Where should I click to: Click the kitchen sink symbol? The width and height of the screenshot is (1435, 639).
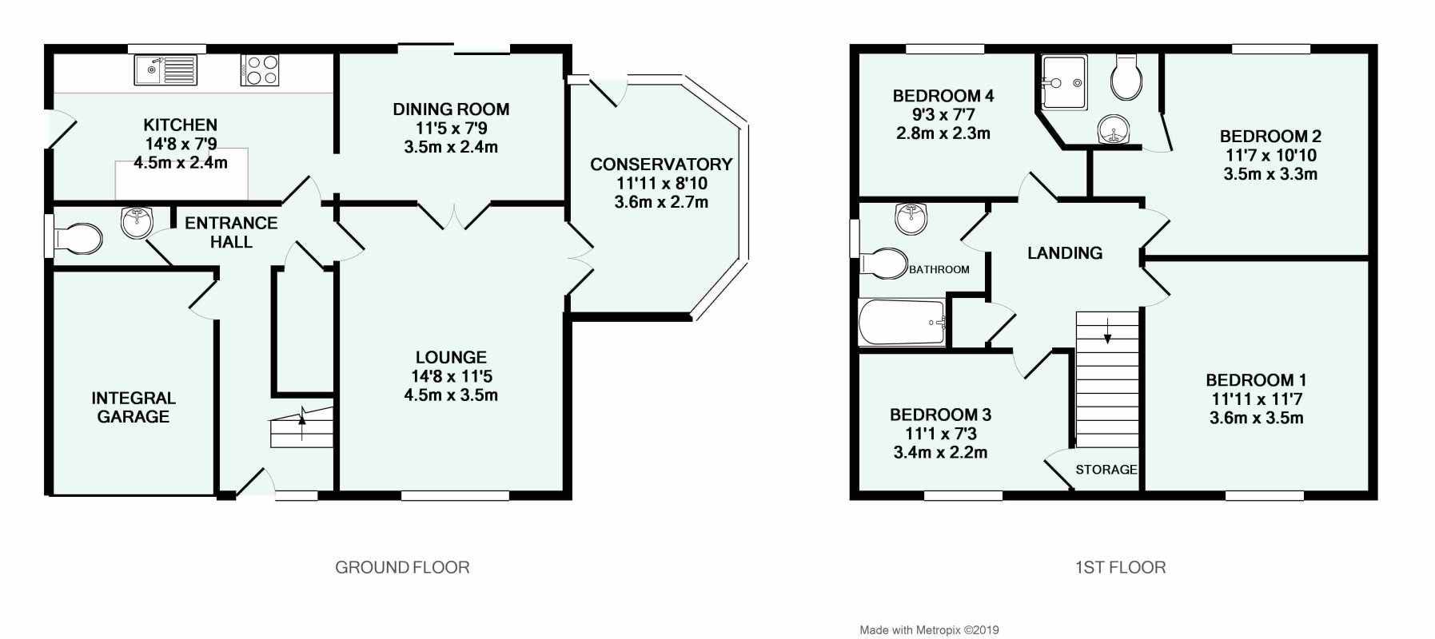click(x=165, y=69)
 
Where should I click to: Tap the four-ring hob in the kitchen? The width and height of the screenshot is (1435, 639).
click(x=259, y=69)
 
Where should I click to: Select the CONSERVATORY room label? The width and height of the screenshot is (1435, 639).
click(x=661, y=165)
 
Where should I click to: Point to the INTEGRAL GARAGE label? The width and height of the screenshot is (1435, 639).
click(x=134, y=407)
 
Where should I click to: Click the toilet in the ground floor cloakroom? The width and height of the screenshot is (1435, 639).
click(x=78, y=237)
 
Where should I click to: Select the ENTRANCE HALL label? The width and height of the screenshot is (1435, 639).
click(x=231, y=232)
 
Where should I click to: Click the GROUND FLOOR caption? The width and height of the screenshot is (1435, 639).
click(x=402, y=567)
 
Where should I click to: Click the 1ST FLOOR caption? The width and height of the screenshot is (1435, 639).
click(x=1120, y=567)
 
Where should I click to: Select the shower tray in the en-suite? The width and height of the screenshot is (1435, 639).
click(x=1062, y=81)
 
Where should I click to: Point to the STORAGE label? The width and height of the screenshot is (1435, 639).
click(x=1106, y=470)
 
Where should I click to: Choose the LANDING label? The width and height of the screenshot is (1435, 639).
click(x=1064, y=253)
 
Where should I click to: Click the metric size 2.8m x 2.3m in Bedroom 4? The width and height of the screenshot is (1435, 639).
click(x=943, y=133)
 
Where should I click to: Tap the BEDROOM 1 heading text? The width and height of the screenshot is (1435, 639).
click(x=1256, y=380)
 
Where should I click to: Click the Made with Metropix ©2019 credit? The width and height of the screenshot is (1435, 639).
click(x=929, y=630)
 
